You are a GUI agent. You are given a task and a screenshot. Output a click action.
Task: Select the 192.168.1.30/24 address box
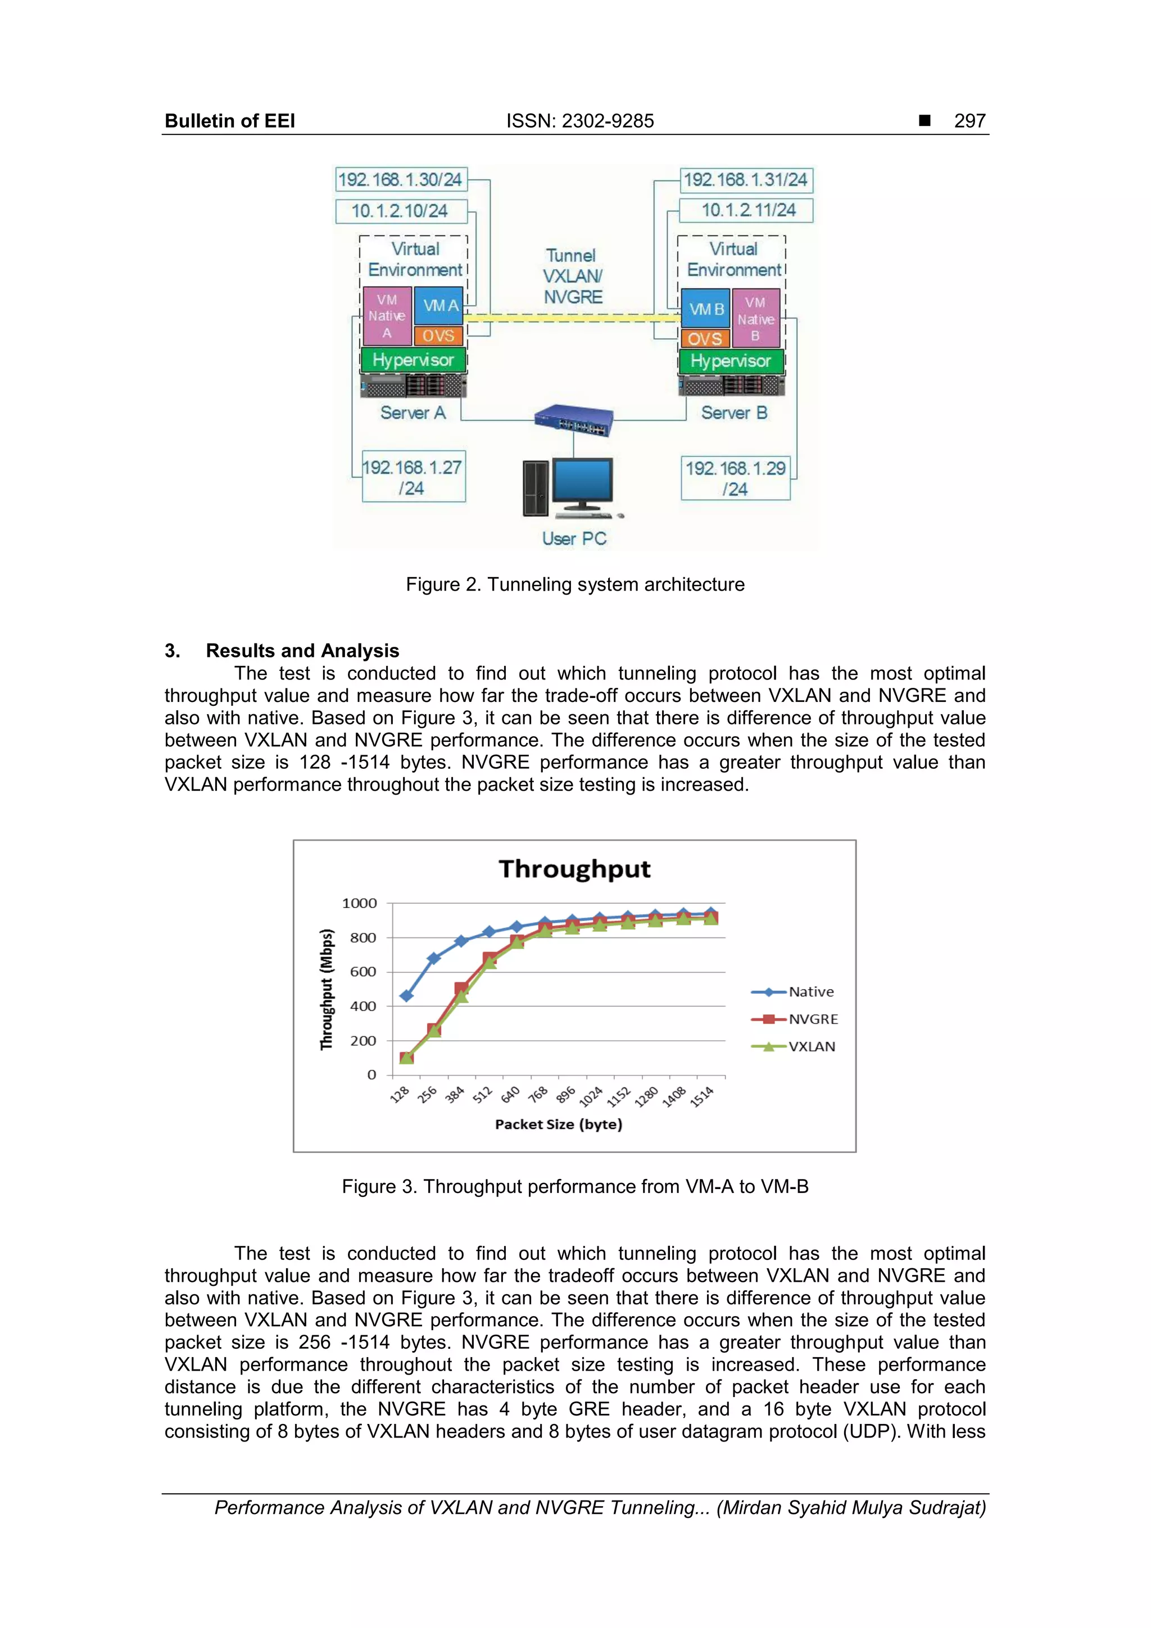[401, 179]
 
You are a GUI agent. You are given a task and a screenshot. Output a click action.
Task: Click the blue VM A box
[439, 306]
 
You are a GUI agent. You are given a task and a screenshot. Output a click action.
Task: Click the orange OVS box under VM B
[704, 339]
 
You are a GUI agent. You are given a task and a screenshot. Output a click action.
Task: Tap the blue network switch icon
[574, 419]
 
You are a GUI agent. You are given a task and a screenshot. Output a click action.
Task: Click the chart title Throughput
[574, 869]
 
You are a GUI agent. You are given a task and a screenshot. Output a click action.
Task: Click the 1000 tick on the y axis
[360, 903]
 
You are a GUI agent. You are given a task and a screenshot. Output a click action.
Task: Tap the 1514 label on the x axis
[702, 1097]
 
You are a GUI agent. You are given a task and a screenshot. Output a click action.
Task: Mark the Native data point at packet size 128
[406, 996]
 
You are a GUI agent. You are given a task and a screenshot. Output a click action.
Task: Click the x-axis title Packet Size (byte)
[559, 1124]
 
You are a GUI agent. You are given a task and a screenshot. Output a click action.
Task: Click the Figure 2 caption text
[575, 584]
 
